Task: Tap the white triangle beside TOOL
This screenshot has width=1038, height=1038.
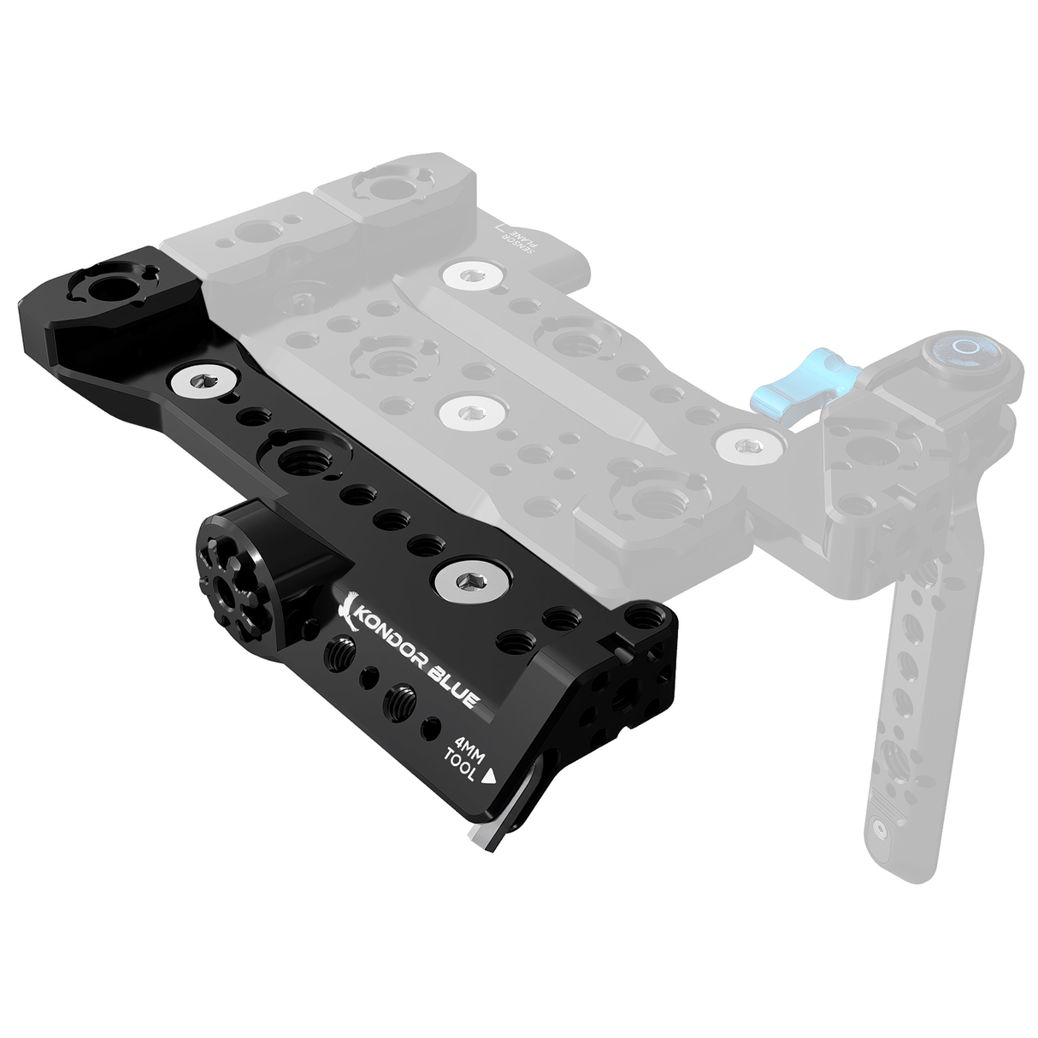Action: click(x=490, y=777)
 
